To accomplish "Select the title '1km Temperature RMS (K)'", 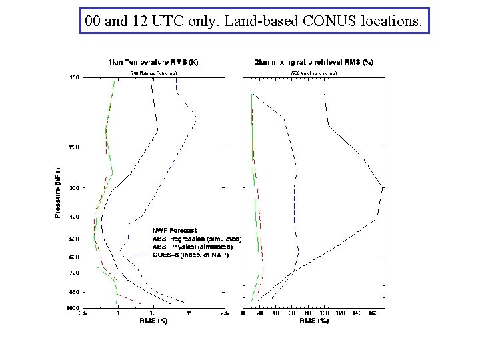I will [153, 63].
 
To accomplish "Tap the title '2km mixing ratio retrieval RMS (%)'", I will [314, 63].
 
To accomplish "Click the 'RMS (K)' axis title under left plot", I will [153, 321].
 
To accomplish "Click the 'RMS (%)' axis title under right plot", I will [314, 321].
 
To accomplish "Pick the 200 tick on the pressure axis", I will [74, 147].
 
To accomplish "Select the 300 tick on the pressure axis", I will [74, 188].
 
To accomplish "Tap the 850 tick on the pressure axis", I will [74, 292].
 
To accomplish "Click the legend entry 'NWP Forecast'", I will [174, 231].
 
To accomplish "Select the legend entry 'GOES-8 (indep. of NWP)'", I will [190, 255].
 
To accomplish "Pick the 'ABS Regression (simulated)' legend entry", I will [197, 239].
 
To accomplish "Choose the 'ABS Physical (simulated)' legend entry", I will [195, 247].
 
